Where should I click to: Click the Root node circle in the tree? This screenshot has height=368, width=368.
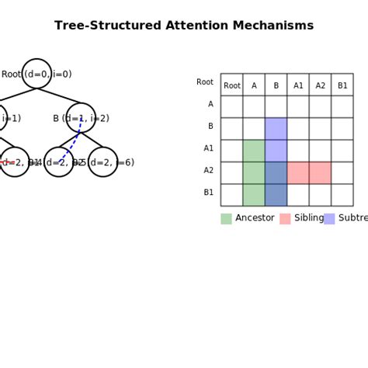[36, 74]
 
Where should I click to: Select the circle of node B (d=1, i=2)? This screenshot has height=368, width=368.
[81, 118]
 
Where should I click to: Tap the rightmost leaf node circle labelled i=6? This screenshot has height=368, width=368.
[102, 162]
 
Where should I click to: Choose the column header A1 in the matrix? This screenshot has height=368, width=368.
[298, 85]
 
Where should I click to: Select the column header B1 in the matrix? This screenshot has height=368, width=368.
[342, 85]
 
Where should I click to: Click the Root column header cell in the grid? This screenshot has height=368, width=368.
[231, 85]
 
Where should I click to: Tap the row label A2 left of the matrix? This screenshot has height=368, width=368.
[208, 170]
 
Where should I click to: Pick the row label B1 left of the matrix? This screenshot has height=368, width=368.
[208, 193]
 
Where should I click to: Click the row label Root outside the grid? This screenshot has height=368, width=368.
[205, 82]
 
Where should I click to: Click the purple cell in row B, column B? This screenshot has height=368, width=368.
[276, 129]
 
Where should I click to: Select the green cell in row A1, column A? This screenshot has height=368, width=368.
[254, 151]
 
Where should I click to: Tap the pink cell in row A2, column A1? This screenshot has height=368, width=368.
[298, 173]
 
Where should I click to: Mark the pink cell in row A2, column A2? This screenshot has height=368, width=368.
[320, 173]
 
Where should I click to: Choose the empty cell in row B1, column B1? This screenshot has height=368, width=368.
[342, 195]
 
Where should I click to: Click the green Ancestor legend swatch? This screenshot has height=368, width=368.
[226, 219]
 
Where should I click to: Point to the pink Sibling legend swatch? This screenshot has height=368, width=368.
[285, 219]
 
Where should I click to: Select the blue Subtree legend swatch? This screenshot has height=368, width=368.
[329, 219]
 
